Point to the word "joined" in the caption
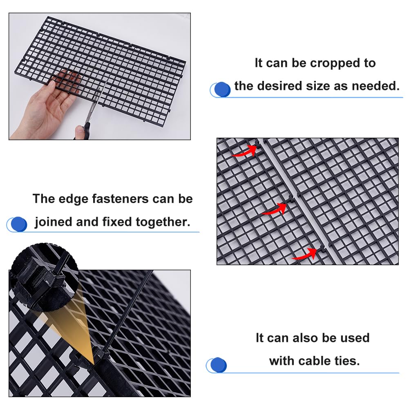(54, 223)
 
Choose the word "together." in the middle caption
(163, 223)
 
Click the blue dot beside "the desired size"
(222, 89)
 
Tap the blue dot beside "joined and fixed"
(19, 224)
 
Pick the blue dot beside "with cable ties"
(218, 364)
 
